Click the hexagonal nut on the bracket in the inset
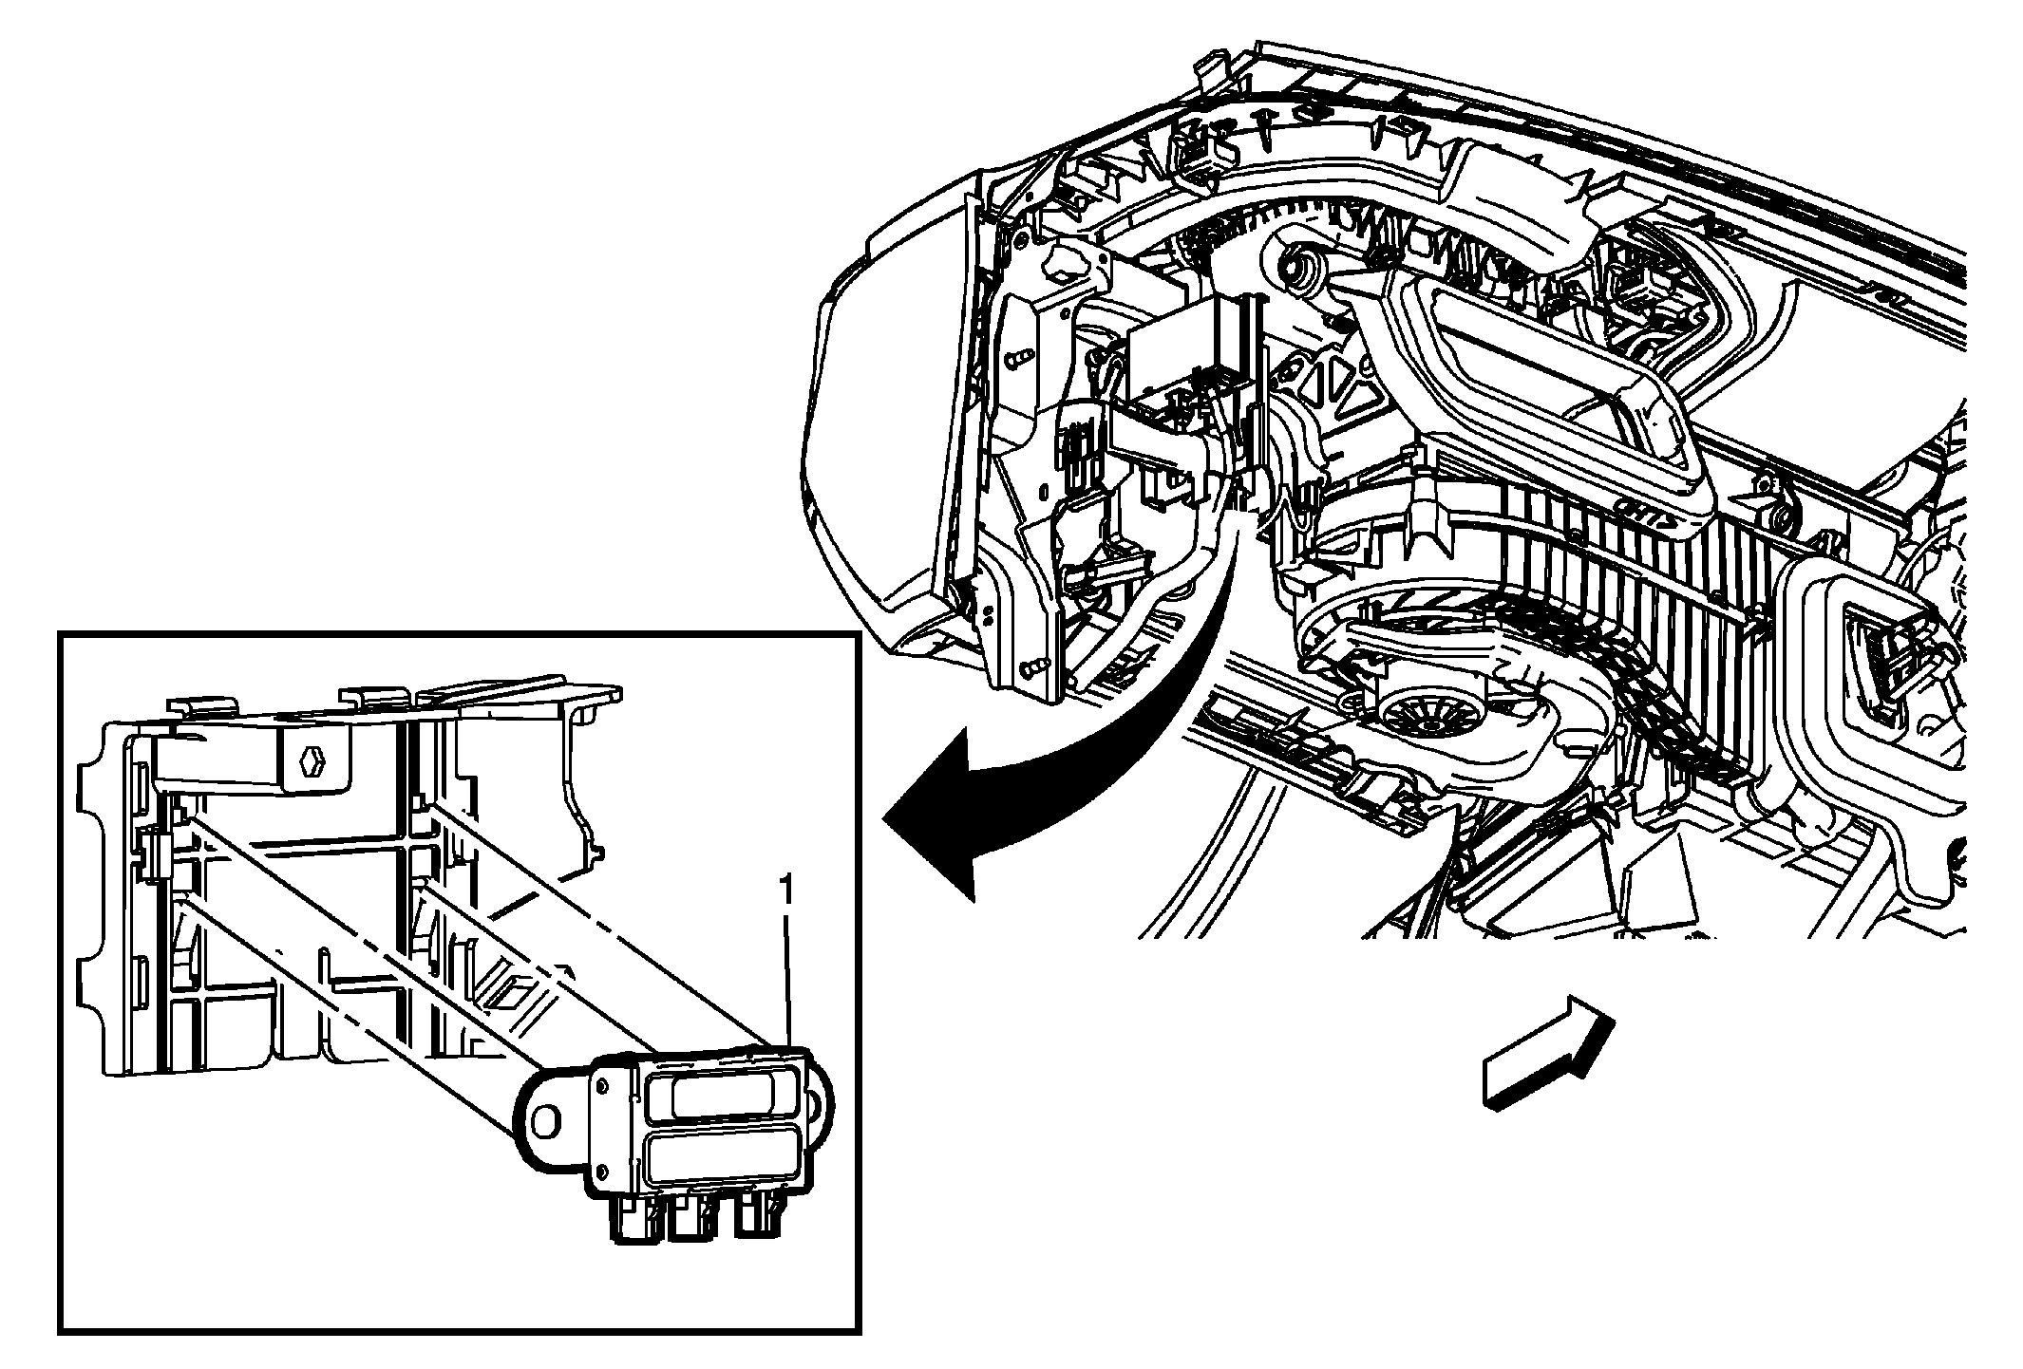(x=312, y=760)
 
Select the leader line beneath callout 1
(x=786, y=978)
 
